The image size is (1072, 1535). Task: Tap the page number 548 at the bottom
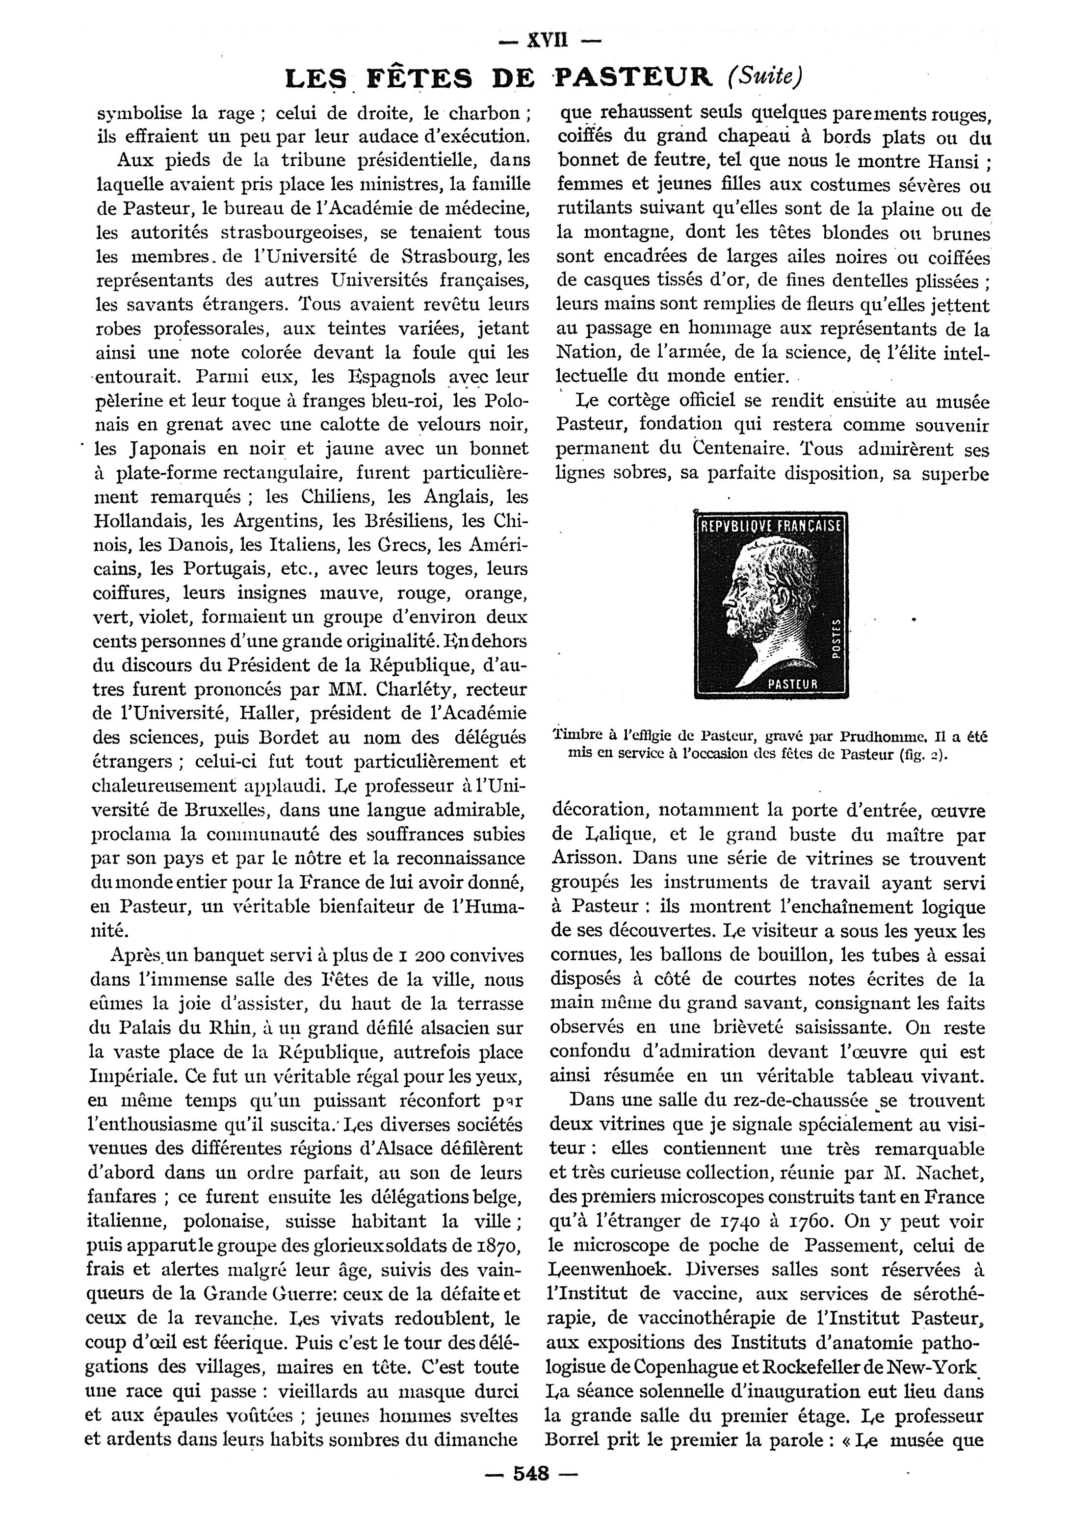[x=531, y=1490]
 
